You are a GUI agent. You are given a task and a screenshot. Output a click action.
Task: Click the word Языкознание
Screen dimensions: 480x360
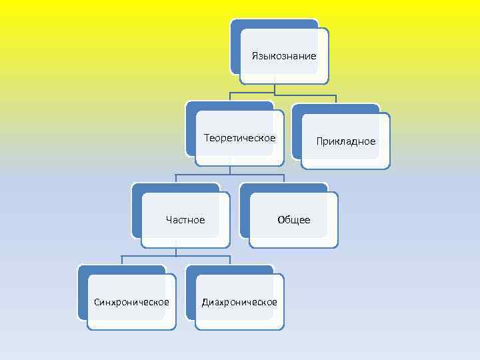pos(284,56)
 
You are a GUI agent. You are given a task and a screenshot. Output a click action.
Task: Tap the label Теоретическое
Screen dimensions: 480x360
pos(239,138)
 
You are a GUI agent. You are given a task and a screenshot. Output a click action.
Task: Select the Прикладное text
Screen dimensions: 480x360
pos(346,141)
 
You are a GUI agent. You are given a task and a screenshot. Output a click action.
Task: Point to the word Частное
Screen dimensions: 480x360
pos(185,220)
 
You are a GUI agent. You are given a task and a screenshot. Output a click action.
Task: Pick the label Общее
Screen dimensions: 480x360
pos(294,220)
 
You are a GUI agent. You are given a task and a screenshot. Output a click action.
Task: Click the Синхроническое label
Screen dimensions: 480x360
pos(131,302)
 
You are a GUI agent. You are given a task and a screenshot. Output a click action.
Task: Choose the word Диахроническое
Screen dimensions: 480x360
pos(240,302)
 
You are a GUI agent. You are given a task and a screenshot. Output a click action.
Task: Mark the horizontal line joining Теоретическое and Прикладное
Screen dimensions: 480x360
pos(283,92)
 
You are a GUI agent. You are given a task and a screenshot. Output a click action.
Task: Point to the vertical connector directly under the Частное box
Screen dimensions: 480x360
pos(175,251)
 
